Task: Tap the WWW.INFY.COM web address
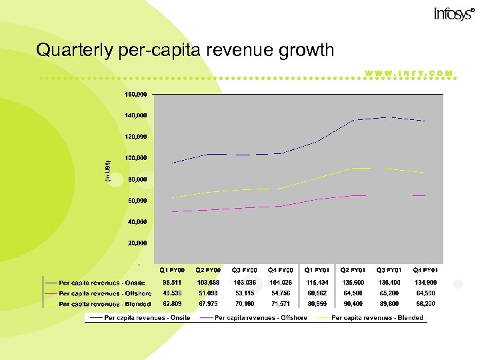409,73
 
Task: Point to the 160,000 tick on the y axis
136,95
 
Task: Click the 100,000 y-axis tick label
136,158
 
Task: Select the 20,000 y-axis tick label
137,243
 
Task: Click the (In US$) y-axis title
109,172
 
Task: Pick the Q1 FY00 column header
173,270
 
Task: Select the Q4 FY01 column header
425,270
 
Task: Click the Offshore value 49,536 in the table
173,293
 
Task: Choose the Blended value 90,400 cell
353,303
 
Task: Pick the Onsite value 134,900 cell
425,282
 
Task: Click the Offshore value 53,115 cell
245,293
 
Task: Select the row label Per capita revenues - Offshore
105,293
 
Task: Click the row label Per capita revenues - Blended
104,303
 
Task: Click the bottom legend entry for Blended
377,318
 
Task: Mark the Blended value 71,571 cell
281,303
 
